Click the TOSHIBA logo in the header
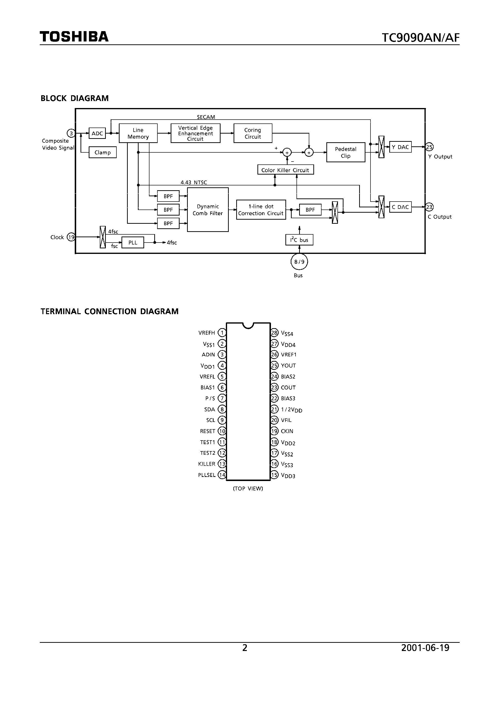click(74, 37)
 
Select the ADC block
click(97, 133)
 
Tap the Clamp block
click(102, 152)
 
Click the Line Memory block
click(138, 133)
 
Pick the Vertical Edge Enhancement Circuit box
click(195, 133)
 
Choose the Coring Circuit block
click(253, 133)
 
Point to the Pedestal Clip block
click(345, 152)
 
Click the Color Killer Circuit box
click(285, 170)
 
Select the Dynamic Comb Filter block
click(208, 210)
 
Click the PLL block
click(133, 243)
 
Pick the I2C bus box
click(299, 240)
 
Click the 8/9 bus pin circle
click(299, 262)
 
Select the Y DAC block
click(400, 147)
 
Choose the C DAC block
click(400, 207)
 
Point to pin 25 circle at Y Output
click(429, 147)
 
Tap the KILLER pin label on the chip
click(207, 464)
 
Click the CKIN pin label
click(287, 431)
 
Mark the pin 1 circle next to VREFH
click(222, 332)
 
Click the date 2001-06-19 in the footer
click(425, 648)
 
